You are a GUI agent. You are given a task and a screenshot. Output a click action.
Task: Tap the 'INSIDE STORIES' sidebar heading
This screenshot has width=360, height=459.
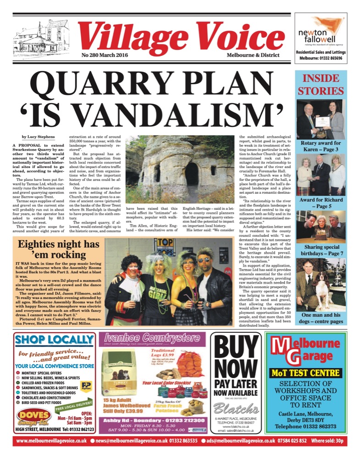(321, 84)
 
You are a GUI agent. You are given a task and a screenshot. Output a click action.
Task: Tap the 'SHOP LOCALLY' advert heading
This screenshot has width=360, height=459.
(55, 340)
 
